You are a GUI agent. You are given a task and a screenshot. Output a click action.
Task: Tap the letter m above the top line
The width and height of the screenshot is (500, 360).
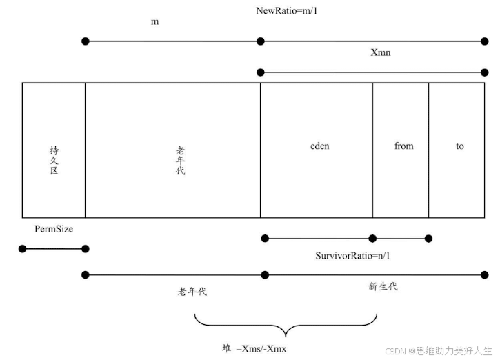pos(155,21)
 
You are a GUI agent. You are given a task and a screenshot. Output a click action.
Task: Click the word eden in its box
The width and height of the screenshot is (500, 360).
pos(320,146)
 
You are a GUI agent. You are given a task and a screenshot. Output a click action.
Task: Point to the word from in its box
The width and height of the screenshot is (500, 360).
pos(403,146)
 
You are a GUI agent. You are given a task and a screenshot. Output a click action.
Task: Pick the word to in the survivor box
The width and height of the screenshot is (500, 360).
pos(459,146)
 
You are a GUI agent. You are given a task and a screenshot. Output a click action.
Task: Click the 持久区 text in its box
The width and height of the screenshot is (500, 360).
pos(54,159)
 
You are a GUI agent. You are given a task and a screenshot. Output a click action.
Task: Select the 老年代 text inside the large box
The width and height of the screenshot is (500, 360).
pos(180,159)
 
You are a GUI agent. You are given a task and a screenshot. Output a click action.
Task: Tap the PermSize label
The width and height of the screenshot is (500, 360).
pos(54,228)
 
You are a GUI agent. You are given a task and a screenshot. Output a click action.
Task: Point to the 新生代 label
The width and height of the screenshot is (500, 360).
pos(383,286)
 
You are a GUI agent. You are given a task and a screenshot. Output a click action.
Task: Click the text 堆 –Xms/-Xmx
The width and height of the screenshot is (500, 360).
pos(254,348)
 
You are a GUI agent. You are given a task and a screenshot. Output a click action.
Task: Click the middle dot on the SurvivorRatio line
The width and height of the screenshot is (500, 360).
pos(372,239)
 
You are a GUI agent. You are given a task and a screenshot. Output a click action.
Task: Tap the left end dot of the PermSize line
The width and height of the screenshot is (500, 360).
pos(23,249)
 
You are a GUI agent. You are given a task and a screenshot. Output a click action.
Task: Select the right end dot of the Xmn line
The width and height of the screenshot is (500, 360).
pos(485,72)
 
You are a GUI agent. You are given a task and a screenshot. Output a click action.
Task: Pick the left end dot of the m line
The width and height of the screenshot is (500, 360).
pos(86,41)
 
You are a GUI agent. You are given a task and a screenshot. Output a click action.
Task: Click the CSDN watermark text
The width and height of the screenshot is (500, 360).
pos(439,350)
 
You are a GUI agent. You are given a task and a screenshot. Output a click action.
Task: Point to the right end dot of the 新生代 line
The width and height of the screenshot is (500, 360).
pos(485,274)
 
